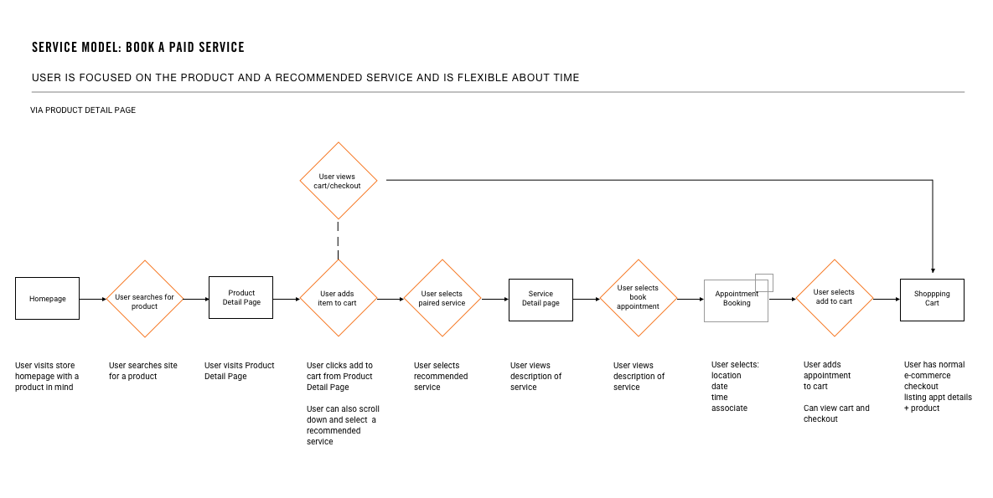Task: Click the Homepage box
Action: tap(47, 299)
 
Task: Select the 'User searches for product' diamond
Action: tap(145, 299)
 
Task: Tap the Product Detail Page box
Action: tap(240, 298)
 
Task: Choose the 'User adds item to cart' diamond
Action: tap(339, 298)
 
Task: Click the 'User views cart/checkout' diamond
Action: tap(339, 181)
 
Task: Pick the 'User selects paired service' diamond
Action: tap(442, 298)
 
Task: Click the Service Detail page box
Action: tap(540, 300)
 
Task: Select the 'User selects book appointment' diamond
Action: tap(638, 298)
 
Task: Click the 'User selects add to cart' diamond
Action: tap(834, 298)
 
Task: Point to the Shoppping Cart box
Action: tap(932, 300)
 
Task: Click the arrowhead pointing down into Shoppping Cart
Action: tap(933, 270)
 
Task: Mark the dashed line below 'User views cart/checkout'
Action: tap(339, 240)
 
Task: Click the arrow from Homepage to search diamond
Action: tap(92, 299)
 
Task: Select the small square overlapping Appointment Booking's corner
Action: tap(764, 282)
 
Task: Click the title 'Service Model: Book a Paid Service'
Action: tap(138, 48)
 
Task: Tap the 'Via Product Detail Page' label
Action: tap(83, 110)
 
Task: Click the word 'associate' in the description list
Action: tap(729, 408)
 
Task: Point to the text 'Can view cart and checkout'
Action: tap(836, 413)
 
